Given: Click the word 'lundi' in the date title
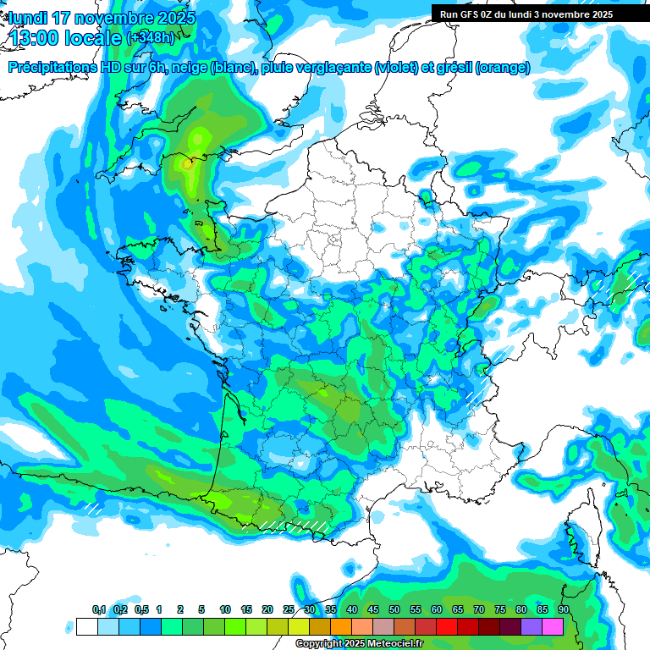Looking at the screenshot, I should [x=27, y=18].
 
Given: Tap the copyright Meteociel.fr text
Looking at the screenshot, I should [x=359, y=644].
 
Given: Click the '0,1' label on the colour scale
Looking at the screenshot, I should [x=99, y=610].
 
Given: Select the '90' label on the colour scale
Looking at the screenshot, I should [x=563, y=610].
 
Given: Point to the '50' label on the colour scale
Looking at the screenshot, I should [x=394, y=610].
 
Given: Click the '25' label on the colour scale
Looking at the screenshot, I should [x=289, y=610].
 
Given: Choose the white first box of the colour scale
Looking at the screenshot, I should [x=86, y=626].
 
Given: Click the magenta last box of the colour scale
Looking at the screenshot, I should [x=553, y=626].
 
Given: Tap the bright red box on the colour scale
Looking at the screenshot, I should [x=447, y=626].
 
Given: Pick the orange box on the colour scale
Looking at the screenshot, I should [x=341, y=626].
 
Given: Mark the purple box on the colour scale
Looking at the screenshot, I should [x=532, y=626].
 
